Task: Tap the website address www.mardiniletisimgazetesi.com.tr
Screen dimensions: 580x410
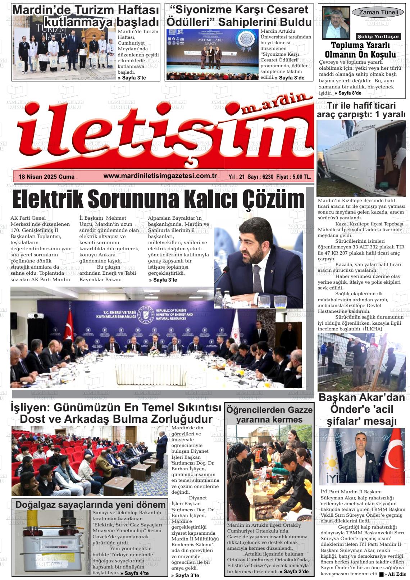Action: (160, 176)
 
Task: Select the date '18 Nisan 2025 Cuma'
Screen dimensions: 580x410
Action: (46, 177)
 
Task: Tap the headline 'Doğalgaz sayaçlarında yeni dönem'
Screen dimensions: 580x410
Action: (90, 504)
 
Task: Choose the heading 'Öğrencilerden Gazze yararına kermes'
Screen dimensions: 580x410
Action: (269, 415)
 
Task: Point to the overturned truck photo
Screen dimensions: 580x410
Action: (361, 158)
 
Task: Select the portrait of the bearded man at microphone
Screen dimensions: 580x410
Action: (258, 262)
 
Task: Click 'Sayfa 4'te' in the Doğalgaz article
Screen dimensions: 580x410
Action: (135, 573)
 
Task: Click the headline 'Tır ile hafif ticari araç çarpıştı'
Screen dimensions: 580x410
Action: (361, 110)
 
